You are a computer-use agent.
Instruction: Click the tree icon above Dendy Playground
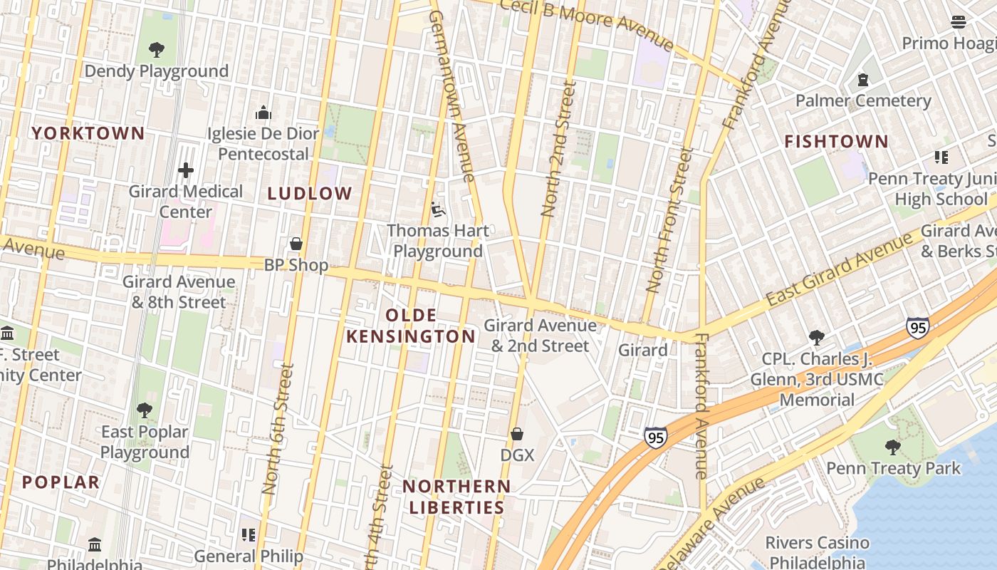pyautogui.click(x=157, y=50)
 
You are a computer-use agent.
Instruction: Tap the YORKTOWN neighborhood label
pyautogui.click(x=88, y=133)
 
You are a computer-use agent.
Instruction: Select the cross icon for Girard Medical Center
pyautogui.click(x=186, y=170)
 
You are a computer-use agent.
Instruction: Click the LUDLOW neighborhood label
pyautogui.click(x=310, y=193)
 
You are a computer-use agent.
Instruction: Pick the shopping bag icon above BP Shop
pyautogui.click(x=296, y=244)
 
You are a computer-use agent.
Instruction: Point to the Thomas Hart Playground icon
pyautogui.click(x=438, y=209)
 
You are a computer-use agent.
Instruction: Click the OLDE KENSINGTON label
pyautogui.click(x=411, y=326)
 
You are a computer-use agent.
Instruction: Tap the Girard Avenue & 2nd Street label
pyautogui.click(x=541, y=336)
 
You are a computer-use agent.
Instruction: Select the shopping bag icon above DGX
pyautogui.click(x=517, y=434)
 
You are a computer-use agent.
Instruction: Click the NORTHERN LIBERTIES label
pyautogui.click(x=456, y=497)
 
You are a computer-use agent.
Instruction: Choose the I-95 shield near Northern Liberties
pyautogui.click(x=656, y=437)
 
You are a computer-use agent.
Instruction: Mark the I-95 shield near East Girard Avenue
pyautogui.click(x=918, y=328)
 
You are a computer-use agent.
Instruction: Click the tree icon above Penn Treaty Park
pyautogui.click(x=893, y=447)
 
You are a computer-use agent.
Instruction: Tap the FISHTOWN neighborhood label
pyautogui.click(x=837, y=142)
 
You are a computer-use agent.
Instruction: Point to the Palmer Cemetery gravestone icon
pyautogui.click(x=863, y=79)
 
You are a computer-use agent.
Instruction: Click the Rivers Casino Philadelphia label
pyautogui.click(x=817, y=552)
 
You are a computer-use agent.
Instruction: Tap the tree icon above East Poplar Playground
pyautogui.click(x=145, y=410)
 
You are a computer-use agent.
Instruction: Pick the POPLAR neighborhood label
pyautogui.click(x=61, y=482)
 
